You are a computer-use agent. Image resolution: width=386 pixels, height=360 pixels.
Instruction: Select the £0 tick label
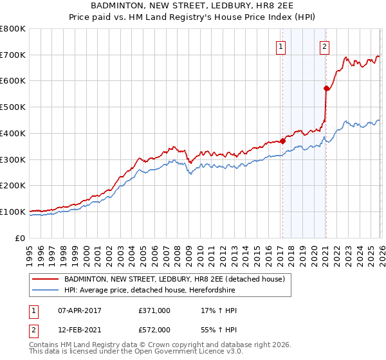tap(20, 238)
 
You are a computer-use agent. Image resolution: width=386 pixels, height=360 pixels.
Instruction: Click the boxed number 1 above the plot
tap(282, 46)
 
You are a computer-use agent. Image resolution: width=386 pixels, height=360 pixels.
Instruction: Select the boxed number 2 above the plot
tap(325, 46)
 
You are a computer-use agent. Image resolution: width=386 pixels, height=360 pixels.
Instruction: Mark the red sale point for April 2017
tap(282, 141)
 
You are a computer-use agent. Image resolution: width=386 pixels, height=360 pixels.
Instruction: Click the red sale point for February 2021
tap(326, 89)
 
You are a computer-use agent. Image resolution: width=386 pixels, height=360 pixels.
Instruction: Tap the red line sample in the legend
tap(46, 279)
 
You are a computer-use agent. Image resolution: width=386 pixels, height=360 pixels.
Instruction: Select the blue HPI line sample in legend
tap(46, 290)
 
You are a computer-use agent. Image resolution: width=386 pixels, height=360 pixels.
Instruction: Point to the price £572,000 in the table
tap(154, 330)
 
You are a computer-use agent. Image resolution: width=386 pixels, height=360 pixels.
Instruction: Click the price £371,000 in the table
tap(154, 310)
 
